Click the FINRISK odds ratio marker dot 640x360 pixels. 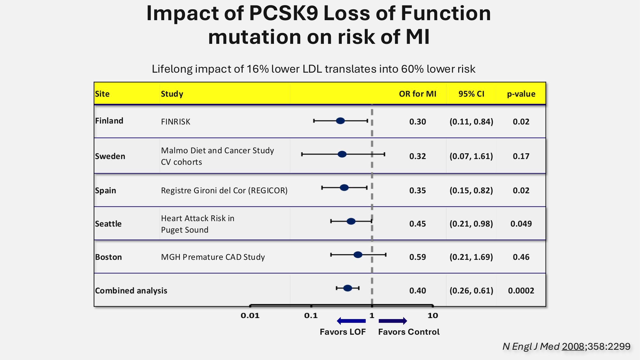(340, 121)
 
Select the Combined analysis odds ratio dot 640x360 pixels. (348, 288)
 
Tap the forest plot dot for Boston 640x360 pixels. (358, 255)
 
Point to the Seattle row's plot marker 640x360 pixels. (351, 221)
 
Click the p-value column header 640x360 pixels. (521, 94)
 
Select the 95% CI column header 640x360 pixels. (471, 94)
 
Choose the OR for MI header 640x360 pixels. (417, 94)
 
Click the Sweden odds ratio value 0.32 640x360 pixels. (417, 156)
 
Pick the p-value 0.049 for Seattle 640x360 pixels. (521, 224)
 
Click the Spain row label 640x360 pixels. (105, 190)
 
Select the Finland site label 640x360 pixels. (109, 121)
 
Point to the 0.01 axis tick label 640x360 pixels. (250, 316)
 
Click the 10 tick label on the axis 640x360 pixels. (433, 316)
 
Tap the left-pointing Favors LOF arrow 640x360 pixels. (351, 321)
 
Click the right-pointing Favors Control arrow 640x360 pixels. (393, 321)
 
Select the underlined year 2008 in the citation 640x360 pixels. (573, 346)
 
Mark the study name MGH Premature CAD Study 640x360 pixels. (213, 257)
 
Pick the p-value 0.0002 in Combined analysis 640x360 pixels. (521, 291)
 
